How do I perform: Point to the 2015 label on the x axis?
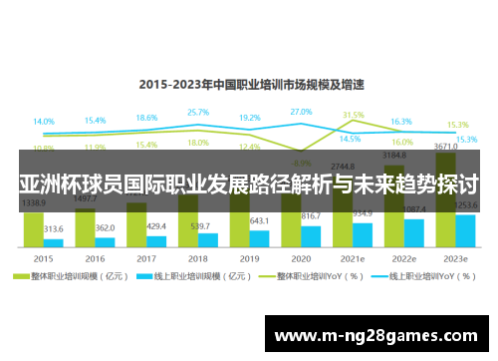pos(44,257)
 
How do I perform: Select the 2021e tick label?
pos(351,257)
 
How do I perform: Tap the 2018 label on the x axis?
pos(197,257)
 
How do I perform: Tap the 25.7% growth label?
pos(197,113)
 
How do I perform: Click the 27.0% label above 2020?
pos(300,112)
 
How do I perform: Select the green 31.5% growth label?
pos(354,116)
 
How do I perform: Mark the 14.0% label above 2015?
pos(44,122)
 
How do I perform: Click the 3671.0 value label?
pos(444,147)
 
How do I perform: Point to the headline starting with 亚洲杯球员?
pos(249,185)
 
